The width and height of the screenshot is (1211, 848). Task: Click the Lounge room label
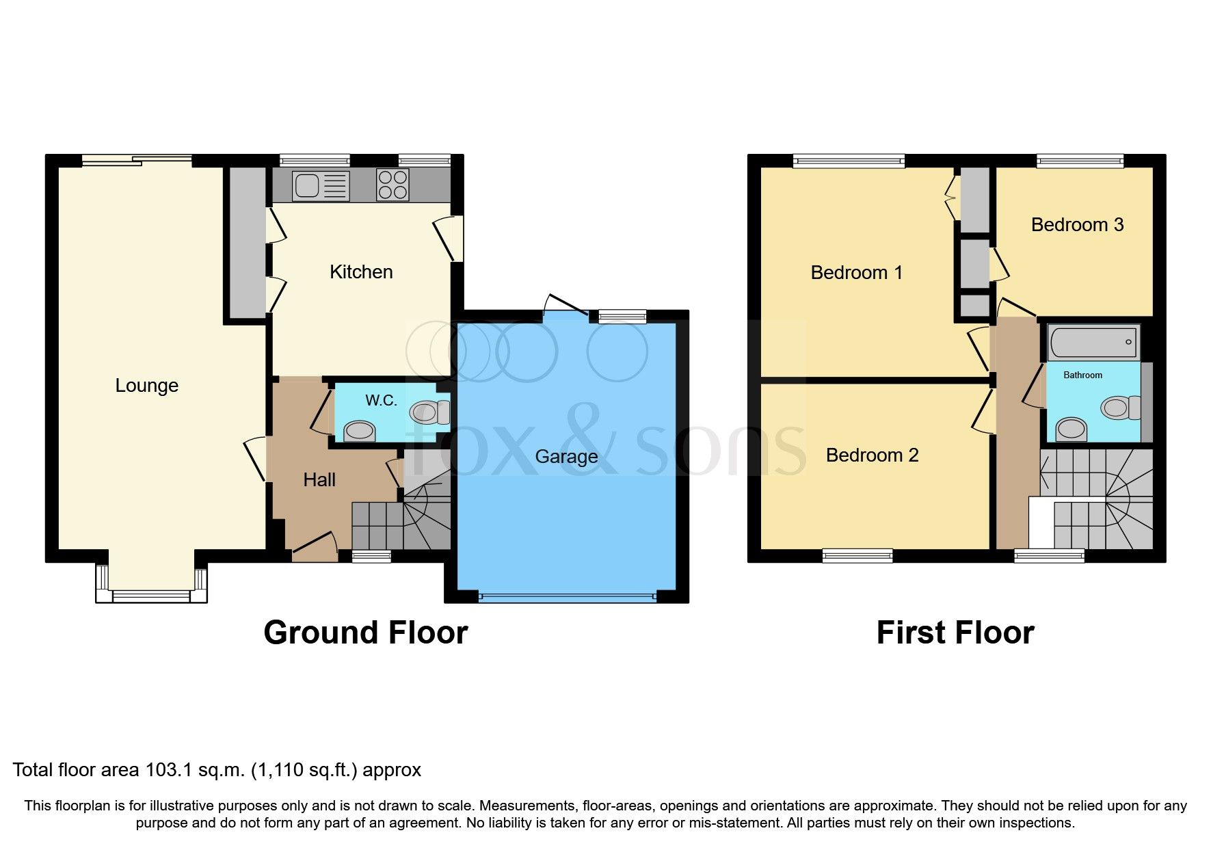(146, 386)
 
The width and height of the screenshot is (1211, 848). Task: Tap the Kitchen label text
(361, 272)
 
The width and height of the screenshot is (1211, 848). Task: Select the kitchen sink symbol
(321, 185)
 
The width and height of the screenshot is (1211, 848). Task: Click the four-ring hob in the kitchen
(392, 185)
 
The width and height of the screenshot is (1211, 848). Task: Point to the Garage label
(566, 457)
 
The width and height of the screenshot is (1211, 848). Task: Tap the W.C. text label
(381, 401)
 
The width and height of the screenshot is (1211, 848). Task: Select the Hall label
(319, 480)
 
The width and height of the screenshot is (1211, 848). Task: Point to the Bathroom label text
(1082, 375)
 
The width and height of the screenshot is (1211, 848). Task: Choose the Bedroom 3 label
(1077, 225)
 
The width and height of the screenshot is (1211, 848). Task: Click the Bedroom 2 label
(872, 455)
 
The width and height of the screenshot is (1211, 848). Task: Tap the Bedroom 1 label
(856, 273)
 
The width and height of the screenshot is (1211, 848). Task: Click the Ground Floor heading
(365, 633)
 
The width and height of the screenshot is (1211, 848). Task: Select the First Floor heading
(955, 633)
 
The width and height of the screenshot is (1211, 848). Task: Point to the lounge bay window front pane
(151, 596)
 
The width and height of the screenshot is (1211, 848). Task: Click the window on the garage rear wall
(622, 316)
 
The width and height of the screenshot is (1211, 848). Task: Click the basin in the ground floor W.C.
(360, 432)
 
